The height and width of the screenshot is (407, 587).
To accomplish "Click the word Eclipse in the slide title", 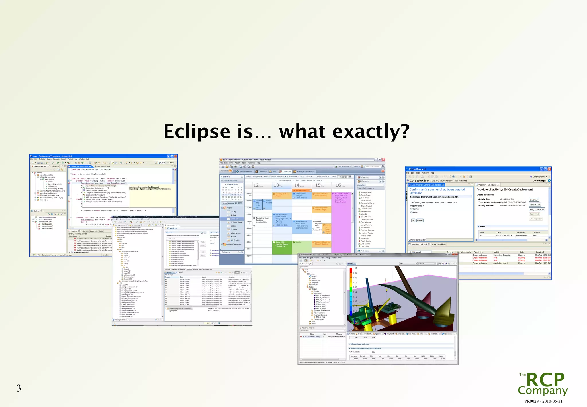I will click(197, 132).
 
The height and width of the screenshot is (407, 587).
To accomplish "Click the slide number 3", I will click(19, 388).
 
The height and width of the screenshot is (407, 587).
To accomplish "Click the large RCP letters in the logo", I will click(545, 380).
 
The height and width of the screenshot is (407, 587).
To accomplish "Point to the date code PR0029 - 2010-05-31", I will click(543, 401).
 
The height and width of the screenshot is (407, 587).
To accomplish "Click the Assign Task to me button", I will click(537, 209).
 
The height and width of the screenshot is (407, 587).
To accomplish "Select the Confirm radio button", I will click(412, 209).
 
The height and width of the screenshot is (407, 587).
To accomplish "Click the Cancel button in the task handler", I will click(420, 220).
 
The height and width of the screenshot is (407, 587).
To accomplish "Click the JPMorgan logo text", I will click(540, 181).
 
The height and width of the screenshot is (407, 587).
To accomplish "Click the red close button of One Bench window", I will click(549, 169).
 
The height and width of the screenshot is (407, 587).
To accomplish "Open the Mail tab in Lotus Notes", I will click(274, 172).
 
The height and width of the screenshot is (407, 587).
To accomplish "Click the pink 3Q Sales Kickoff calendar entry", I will click(341, 198).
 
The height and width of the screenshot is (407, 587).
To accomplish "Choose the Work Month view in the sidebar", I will click(236, 233).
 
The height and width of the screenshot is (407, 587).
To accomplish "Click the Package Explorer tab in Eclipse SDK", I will click(39, 166).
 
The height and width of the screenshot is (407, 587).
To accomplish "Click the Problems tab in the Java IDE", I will click(74, 231).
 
